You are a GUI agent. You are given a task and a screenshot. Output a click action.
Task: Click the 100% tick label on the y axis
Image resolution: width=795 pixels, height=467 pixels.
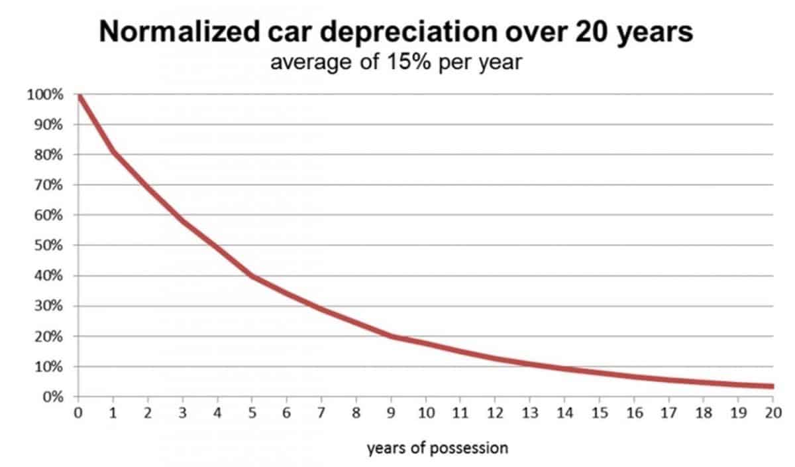coord(45,95)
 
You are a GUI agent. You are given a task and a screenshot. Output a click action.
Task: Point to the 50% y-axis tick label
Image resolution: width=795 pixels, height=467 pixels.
coord(48,245)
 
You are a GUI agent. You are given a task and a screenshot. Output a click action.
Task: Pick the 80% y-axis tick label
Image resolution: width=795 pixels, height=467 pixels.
coord(48,155)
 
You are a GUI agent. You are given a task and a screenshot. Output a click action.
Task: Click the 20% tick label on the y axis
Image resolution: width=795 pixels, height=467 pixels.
coord(48,336)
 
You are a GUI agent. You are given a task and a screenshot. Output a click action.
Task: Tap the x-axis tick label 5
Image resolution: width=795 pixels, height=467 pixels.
coord(252,413)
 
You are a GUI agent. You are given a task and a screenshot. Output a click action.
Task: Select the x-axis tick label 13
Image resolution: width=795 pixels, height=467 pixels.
coord(530,413)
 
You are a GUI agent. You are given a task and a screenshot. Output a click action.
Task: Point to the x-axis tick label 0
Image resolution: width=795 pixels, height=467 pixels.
coord(78,413)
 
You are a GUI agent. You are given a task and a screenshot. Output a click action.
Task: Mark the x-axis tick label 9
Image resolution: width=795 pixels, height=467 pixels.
coord(391,413)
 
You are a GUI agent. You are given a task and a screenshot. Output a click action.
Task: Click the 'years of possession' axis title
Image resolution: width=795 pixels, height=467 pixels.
coord(437,448)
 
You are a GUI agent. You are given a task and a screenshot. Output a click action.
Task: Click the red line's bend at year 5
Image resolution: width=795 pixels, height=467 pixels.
coord(252,276)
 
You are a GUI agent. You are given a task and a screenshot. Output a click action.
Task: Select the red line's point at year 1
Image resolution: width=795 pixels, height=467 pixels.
coord(113,153)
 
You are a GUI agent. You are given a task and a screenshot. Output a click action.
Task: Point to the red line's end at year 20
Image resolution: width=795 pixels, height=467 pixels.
coord(772,386)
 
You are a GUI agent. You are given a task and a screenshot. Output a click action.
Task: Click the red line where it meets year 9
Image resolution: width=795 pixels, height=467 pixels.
coord(391,336)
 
